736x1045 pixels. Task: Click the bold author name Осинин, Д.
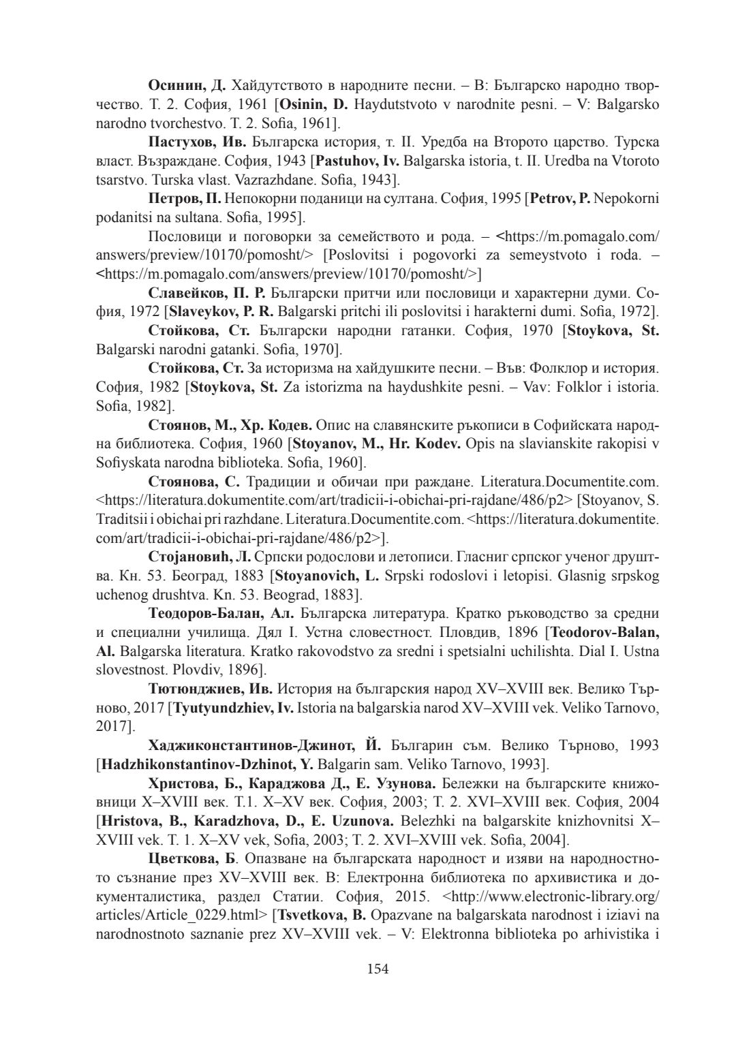click(187, 86)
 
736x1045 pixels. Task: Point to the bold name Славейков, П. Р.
click(206, 294)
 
